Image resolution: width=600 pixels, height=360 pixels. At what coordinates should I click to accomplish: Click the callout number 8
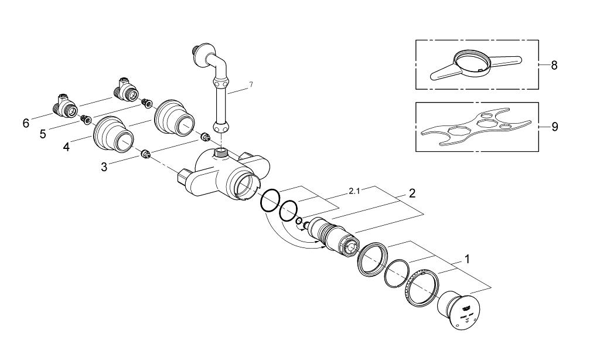click(554, 65)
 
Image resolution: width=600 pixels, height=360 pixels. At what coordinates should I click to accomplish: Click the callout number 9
click(554, 127)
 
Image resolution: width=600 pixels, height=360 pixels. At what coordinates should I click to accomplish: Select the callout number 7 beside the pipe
click(250, 85)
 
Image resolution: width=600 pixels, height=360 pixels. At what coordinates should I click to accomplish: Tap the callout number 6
click(26, 123)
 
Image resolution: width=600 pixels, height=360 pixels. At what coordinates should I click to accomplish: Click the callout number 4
click(66, 147)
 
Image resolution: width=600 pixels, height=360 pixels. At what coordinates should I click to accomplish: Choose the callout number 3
click(104, 167)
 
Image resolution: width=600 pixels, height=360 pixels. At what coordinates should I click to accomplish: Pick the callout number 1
click(467, 258)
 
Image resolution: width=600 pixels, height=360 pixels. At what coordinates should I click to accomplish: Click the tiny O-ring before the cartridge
click(299, 221)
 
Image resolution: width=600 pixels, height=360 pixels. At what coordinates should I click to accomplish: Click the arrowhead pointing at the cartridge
click(323, 248)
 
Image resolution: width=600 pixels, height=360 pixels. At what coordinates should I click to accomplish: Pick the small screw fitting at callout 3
click(146, 155)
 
